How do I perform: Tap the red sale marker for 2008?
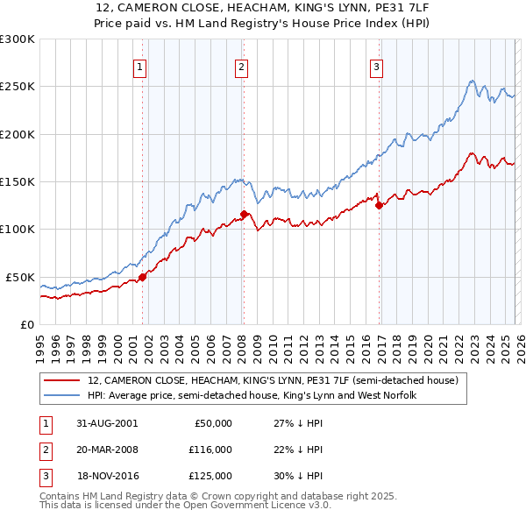click(x=244, y=214)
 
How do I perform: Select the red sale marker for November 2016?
click(x=379, y=206)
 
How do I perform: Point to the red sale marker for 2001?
click(x=142, y=277)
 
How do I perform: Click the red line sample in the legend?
click(x=61, y=381)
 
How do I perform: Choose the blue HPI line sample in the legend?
click(x=61, y=396)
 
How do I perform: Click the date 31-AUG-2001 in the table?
click(x=108, y=423)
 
